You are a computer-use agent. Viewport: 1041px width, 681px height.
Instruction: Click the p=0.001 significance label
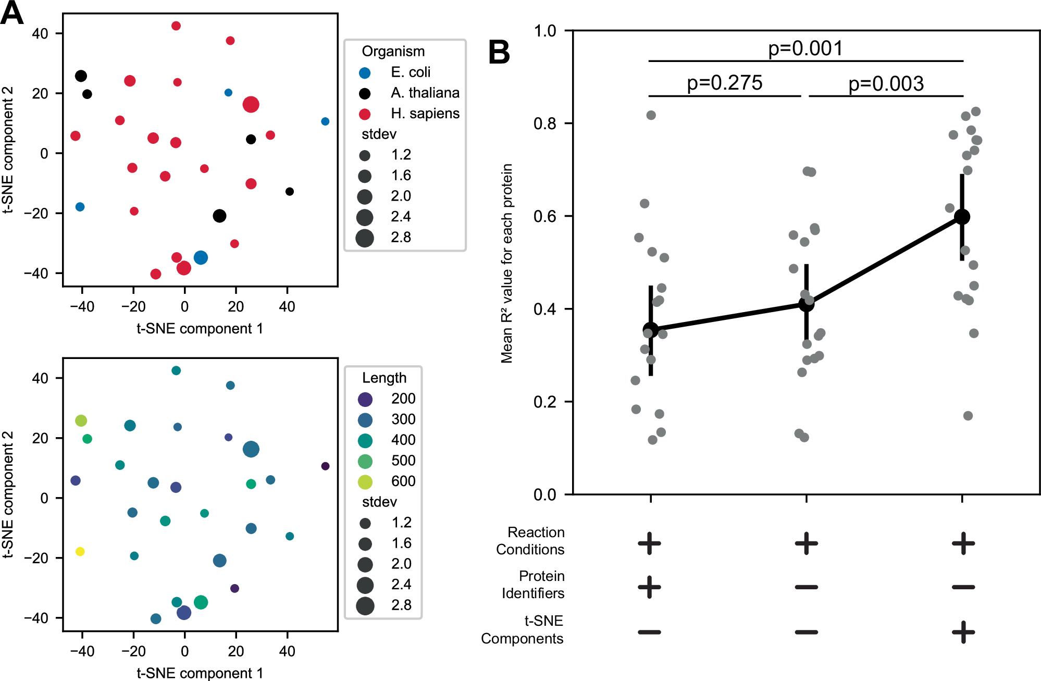click(x=805, y=48)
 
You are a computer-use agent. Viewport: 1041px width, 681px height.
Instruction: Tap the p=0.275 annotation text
click(x=724, y=83)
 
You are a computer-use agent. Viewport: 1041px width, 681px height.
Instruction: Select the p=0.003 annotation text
click(x=886, y=84)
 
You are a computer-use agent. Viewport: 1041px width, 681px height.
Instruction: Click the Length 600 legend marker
click(x=365, y=482)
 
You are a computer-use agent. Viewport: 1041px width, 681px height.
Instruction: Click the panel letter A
click(x=12, y=13)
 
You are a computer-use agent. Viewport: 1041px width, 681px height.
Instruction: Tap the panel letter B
click(x=499, y=53)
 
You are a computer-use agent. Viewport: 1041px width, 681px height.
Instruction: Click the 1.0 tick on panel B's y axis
click(x=545, y=31)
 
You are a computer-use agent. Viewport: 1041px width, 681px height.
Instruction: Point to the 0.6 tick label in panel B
click(x=545, y=216)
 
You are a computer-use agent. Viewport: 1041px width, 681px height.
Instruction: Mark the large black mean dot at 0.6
click(x=962, y=217)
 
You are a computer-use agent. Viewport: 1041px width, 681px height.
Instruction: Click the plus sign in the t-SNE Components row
click(x=963, y=632)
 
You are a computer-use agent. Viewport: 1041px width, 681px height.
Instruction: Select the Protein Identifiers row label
click(x=533, y=585)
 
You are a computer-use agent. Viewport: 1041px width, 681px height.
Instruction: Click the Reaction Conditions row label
click(x=530, y=541)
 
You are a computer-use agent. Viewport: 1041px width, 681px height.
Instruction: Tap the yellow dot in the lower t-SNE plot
click(x=80, y=551)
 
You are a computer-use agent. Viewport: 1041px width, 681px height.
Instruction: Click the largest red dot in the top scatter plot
click(x=251, y=104)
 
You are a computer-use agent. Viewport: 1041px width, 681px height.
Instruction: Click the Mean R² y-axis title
click(x=507, y=263)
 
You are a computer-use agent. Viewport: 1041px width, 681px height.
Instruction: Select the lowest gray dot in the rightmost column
click(x=968, y=416)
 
